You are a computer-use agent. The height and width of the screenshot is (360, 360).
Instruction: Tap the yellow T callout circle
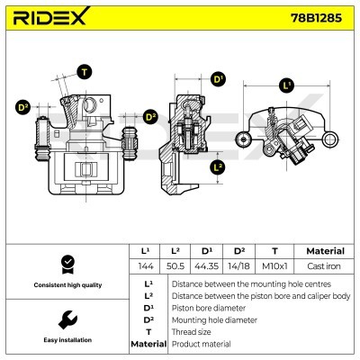[85, 72]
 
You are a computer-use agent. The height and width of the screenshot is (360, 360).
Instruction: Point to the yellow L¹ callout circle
[287, 86]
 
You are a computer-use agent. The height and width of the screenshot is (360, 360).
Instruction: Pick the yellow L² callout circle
[218, 167]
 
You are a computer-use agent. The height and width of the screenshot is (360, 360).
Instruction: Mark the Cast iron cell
[326, 267]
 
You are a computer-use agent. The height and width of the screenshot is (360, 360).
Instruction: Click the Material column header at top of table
[326, 251]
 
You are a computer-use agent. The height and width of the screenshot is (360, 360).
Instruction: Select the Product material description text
[203, 344]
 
